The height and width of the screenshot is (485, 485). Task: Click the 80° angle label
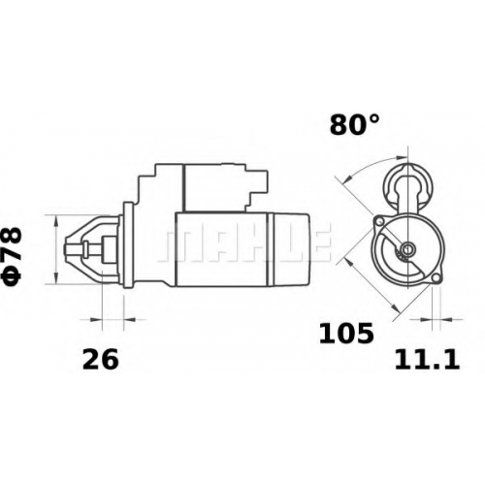pos(354,125)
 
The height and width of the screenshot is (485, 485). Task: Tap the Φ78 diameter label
pos(13,257)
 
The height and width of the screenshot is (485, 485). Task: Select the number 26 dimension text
pos(101,360)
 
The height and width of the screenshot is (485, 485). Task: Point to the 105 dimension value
pos(346,334)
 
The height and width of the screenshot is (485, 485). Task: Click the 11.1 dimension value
pos(427,360)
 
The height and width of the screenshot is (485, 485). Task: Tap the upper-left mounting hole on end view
pos(379,221)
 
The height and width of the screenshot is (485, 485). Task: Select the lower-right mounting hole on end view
pos(436,277)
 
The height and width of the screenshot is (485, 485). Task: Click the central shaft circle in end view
pos(407,248)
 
